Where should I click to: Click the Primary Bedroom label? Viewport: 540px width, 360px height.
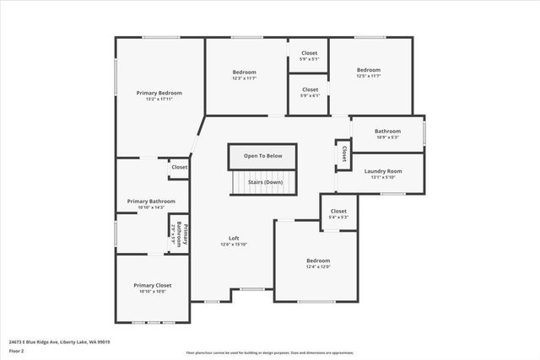(159, 93)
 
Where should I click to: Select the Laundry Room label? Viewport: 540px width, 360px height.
(382, 171)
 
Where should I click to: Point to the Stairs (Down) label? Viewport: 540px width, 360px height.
(265, 182)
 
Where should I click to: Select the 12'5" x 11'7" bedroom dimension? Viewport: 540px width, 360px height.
(369, 77)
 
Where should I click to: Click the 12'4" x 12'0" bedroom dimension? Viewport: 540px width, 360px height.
(318, 267)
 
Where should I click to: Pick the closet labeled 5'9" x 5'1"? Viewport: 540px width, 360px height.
(310, 59)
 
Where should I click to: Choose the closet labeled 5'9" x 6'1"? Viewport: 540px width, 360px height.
(310, 95)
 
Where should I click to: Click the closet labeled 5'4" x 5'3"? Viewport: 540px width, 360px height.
(338, 218)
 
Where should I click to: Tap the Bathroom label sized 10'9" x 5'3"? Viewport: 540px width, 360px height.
(387, 137)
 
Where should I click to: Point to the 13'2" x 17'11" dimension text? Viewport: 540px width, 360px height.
(159, 99)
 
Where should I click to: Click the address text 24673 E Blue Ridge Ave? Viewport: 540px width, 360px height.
(59, 342)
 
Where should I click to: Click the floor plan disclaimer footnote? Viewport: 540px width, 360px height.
(269, 353)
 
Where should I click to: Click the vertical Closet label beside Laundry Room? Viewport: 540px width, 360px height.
(344, 154)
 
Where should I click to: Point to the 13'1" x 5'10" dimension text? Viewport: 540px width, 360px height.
(382, 177)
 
